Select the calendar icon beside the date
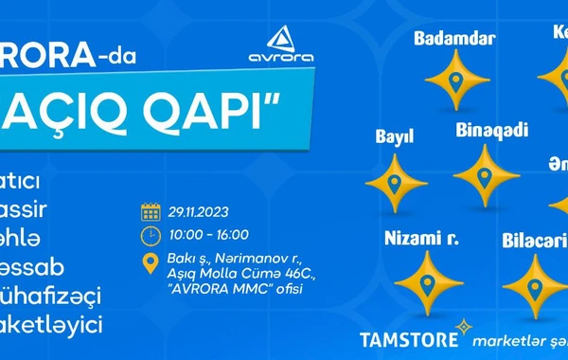150,211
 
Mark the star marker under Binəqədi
487,175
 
